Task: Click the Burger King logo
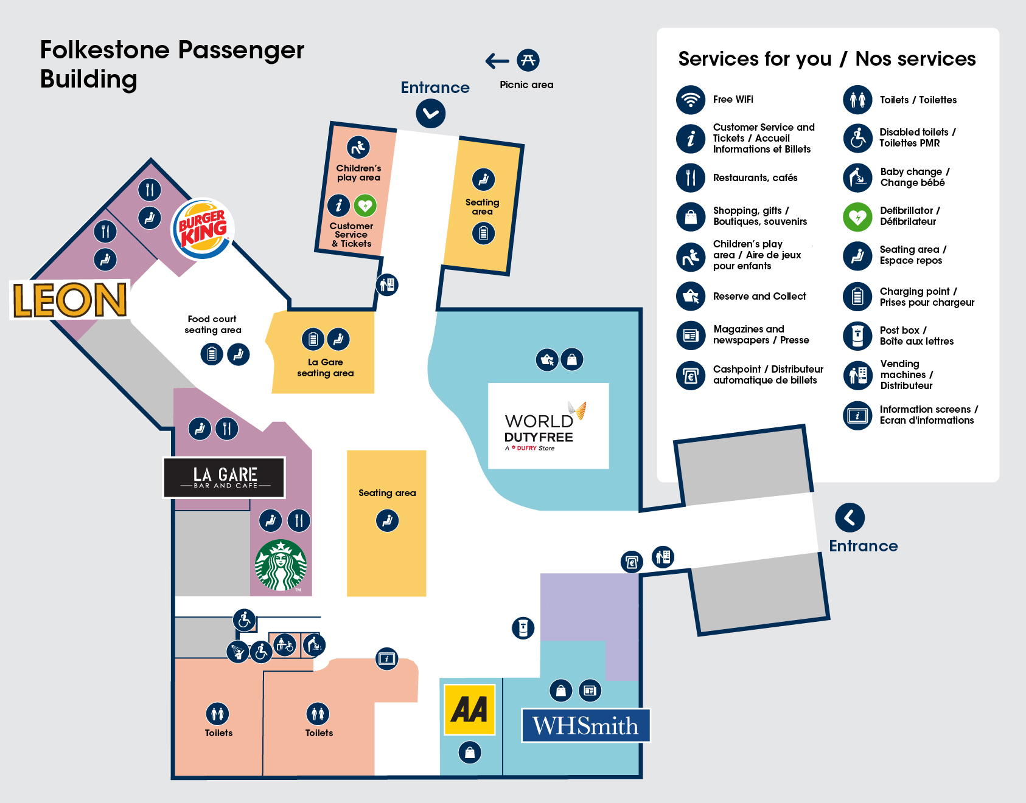point(203,229)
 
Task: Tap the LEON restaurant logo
point(70,300)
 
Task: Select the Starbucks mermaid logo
point(281,565)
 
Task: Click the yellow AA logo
point(469,709)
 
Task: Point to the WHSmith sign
point(585,725)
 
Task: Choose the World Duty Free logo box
point(548,426)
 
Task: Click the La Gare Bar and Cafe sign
point(225,477)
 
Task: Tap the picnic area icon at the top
point(528,60)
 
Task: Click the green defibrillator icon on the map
point(365,205)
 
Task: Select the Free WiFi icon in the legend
point(691,100)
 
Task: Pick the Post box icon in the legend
point(857,336)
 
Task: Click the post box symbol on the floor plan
point(523,627)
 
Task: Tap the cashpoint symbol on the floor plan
point(632,562)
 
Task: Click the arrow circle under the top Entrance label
point(431,114)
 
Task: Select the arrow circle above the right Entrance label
point(850,517)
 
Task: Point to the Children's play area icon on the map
point(358,147)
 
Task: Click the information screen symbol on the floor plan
point(386,658)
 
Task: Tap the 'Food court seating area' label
point(213,325)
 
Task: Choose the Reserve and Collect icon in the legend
point(691,296)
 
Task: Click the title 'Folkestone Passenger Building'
point(172,64)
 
